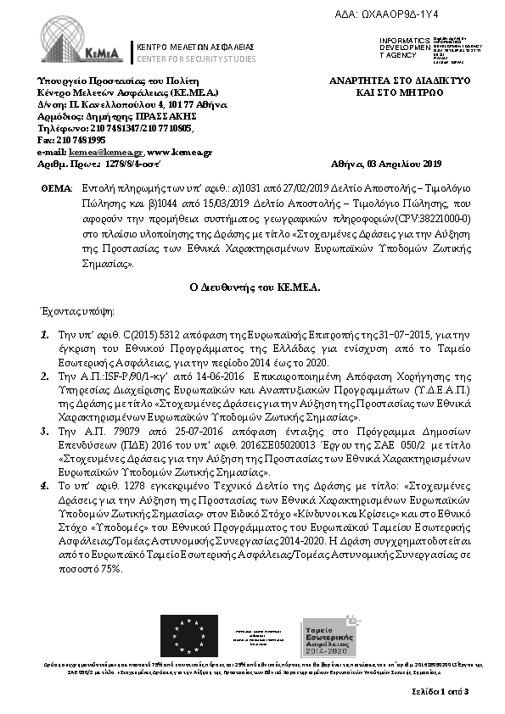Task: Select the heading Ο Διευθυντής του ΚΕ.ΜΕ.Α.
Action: [252, 287]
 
